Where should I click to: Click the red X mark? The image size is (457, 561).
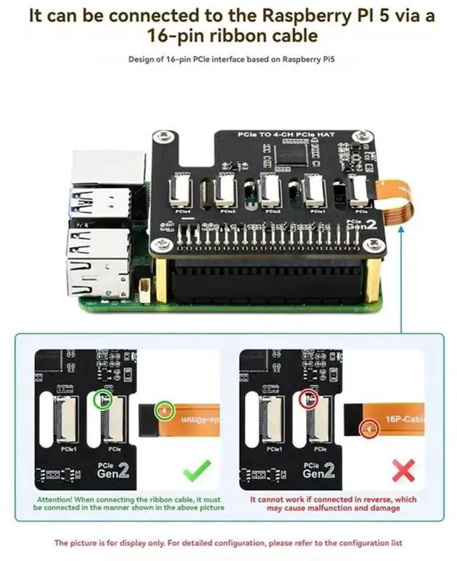403,471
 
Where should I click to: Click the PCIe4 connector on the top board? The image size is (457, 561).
177,192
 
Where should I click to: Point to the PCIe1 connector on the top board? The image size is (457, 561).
314,192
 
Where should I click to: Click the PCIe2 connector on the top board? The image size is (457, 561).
269,192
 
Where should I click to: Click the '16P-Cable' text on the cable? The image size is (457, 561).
403,419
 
